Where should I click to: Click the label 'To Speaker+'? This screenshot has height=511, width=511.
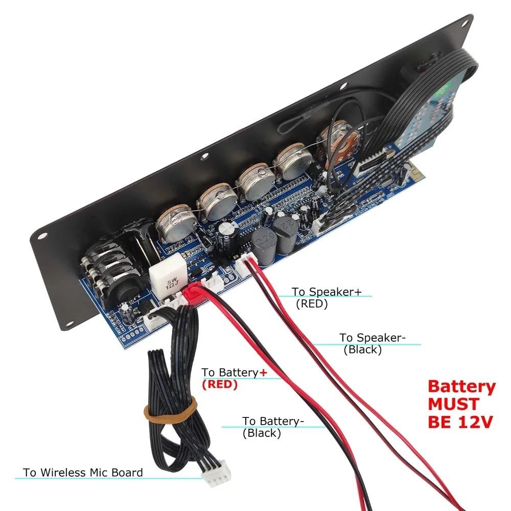click(x=327, y=292)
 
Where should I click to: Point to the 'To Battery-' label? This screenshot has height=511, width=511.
click(x=273, y=421)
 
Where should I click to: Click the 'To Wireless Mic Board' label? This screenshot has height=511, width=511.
click(x=83, y=473)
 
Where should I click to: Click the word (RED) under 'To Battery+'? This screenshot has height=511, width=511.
click(x=220, y=385)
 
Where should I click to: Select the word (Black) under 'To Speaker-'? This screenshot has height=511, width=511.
click(x=362, y=350)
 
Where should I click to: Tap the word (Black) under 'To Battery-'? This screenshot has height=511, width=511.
click(x=262, y=433)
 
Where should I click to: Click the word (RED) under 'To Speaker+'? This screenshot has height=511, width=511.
click(x=311, y=304)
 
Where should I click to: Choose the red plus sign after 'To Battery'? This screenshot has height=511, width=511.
click(x=263, y=373)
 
